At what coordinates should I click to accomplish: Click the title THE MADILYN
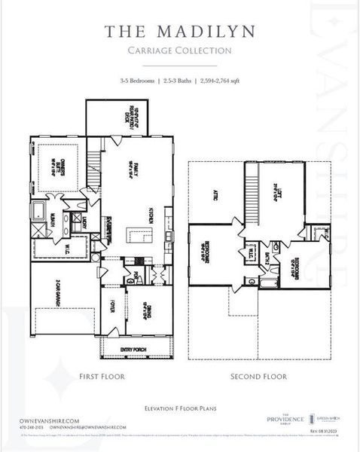[x=179, y=32]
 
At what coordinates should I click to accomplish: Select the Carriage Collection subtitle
[x=179, y=50]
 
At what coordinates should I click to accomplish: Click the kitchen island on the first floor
[x=138, y=236]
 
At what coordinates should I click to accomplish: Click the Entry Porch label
[x=130, y=349]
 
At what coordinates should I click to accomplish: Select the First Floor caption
[x=102, y=375]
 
